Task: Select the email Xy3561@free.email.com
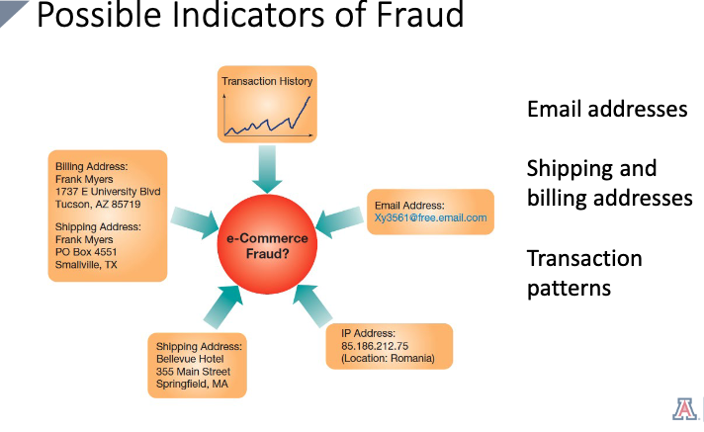(x=430, y=217)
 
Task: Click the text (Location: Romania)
(x=388, y=360)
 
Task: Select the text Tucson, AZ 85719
(x=99, y=204)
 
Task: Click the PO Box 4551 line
(x=89, y=252)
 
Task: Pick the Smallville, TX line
(x=87, y=265)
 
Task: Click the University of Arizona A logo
(x=684, y=409)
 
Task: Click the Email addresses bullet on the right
(x=607, y=109)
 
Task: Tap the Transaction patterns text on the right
(x=584, y=273)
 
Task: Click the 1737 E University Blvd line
(x=108, y=191)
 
